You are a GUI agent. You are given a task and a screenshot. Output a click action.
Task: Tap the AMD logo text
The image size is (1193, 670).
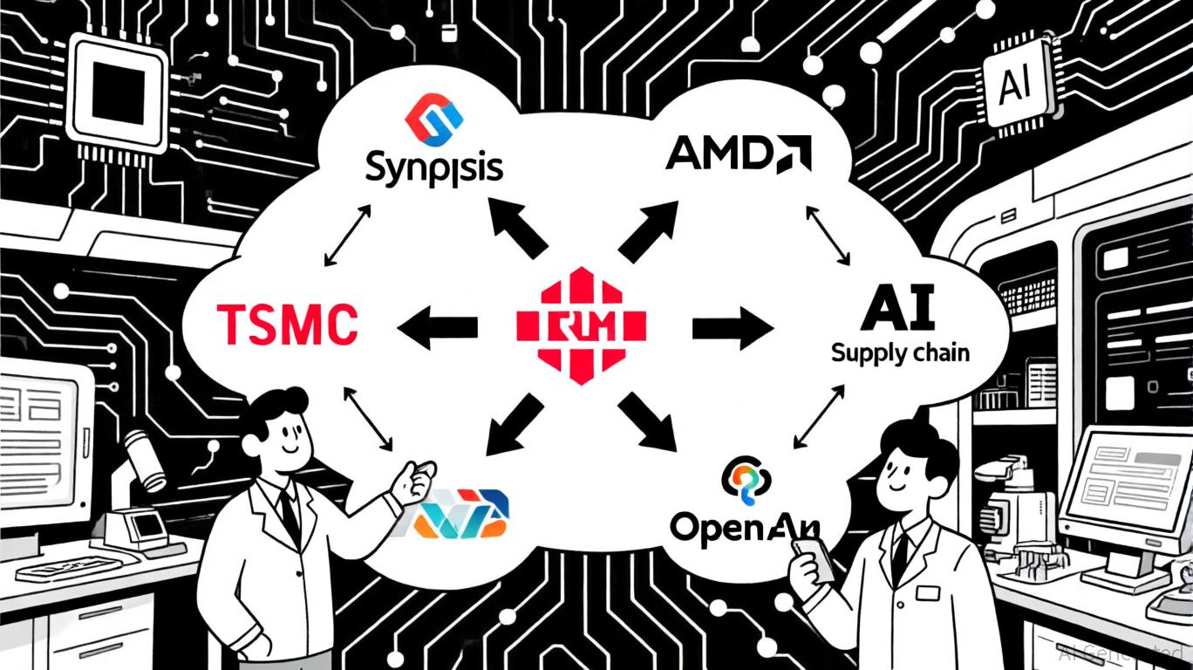pos(738,154)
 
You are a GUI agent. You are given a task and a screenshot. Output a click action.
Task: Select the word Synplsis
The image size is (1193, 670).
pos(434,167)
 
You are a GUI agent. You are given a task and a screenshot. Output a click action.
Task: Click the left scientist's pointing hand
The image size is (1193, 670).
pos(412,482)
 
